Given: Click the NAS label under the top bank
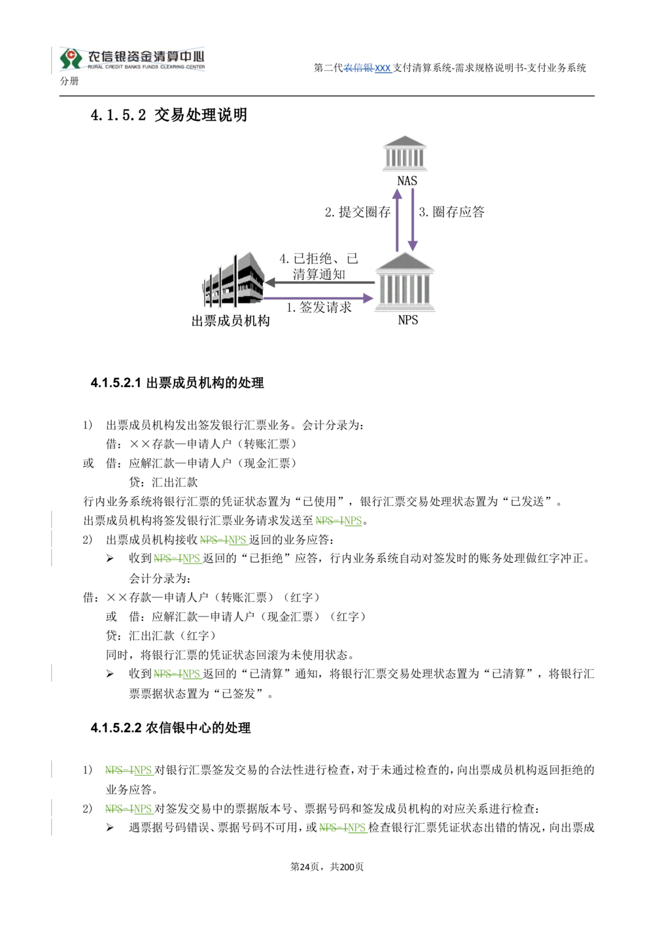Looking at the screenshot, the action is click(407, 180).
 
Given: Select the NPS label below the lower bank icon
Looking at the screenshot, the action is click(407, 320).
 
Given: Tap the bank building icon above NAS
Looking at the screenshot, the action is click(404, 153).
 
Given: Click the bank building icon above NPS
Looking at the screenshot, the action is click(404, 282).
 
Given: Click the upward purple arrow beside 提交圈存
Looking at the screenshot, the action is click(397, 220).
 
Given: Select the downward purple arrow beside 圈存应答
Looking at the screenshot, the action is click(412, 220).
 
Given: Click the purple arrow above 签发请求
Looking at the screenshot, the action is click(318, 297).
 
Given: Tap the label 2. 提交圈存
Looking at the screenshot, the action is click(357, 212).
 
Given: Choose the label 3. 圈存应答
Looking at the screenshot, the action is click(451, 212).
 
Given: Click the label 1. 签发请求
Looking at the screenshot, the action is click(319, 307).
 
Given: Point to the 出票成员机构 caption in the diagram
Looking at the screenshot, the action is click(230, 321).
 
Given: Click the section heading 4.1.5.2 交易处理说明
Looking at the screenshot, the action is click(169, 115).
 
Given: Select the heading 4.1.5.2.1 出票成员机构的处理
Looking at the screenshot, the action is click(177, 383).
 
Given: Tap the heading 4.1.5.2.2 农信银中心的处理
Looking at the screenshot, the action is click(171, 728).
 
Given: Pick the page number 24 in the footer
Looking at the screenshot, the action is click(304, 866).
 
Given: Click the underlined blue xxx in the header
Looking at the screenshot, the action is click(383, 68).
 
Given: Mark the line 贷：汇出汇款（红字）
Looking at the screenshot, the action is click(161, 635).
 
